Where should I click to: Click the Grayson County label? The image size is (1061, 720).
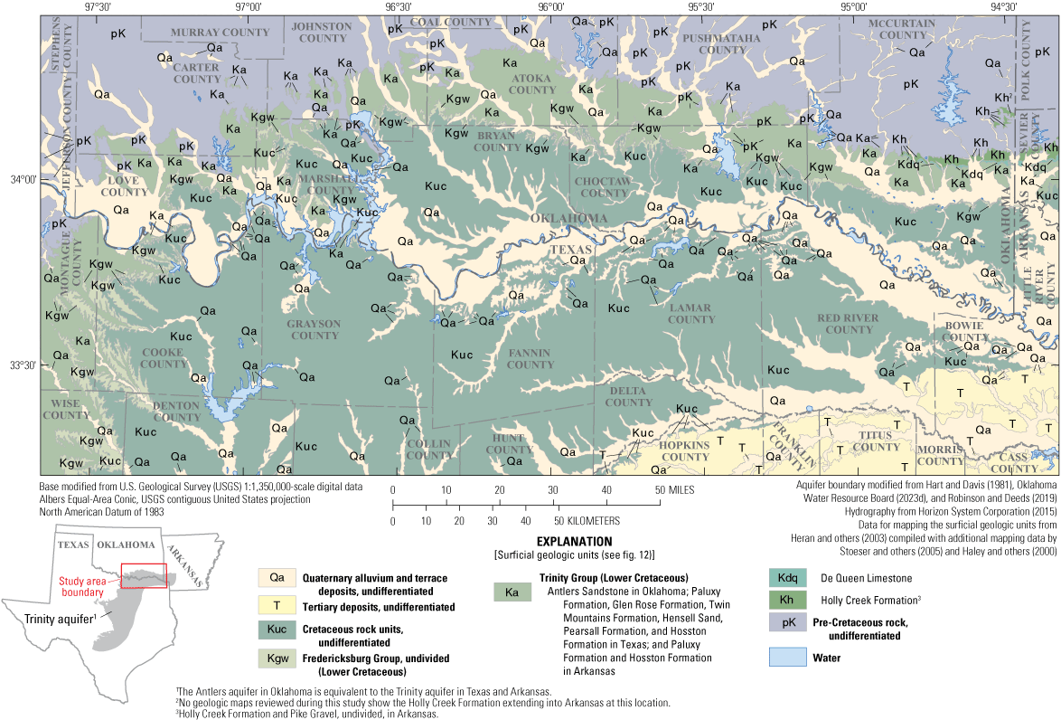(314, 329)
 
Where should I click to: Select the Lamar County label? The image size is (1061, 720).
(691, 313)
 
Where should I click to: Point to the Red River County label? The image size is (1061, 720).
(848, 324)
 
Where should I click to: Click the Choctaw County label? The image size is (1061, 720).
(602, 187)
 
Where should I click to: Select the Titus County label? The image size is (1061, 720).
(876, 441)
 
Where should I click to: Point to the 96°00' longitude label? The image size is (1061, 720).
(550, 6)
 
